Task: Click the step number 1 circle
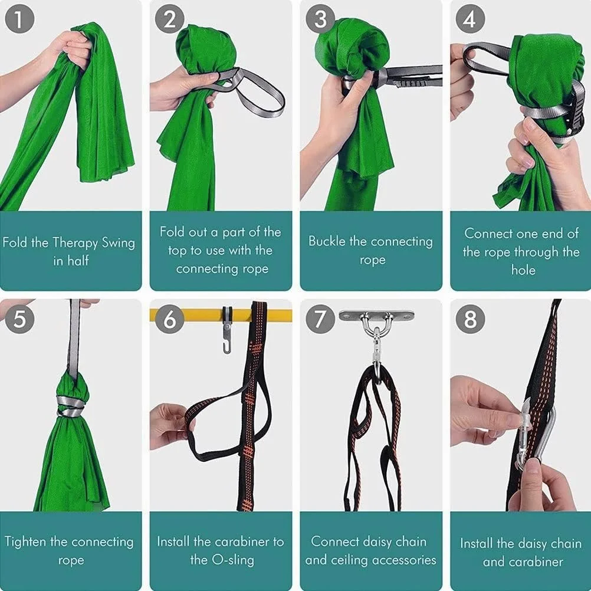[19, 19]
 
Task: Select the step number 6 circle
[170, 319]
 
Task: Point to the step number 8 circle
[470, 319]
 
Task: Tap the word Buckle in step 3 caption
[327, 241]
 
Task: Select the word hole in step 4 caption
[523, 270]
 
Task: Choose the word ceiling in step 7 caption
[390, 560]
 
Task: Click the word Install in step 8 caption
[477, 543]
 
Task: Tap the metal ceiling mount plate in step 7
[376, 315]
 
